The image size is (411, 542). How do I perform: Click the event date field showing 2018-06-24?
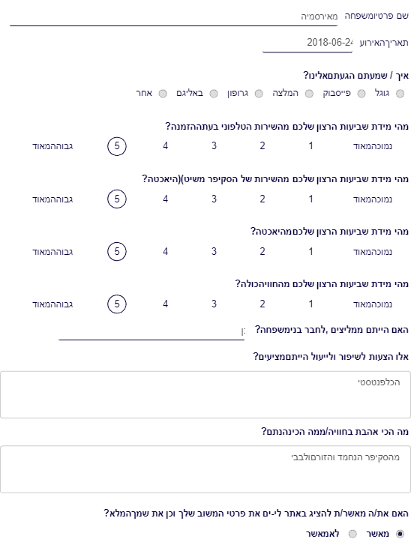point(307,43)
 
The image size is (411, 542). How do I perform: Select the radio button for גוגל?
point(400,94)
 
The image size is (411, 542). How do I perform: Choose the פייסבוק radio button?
point(361,94)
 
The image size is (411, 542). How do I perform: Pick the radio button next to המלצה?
point(309,94)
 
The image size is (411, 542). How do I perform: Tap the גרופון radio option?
point(259,94)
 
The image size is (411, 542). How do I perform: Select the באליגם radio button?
point(214,94)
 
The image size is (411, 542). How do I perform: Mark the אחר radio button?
point(163,94)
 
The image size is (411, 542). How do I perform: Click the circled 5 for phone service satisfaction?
point(117,146)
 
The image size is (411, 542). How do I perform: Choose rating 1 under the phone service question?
point(311,146)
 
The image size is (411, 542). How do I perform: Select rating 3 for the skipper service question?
point(214,199)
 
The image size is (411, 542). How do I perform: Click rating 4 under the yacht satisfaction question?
point(165,252)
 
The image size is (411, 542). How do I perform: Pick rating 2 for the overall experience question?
point(262,304)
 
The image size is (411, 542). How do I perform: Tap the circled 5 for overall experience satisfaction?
point(117,304)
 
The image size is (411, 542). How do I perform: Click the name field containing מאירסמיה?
point(174,17)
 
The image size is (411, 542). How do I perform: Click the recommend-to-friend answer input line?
point(151,332)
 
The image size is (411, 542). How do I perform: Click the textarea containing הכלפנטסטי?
point(205,395)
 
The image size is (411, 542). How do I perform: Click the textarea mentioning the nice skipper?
point(205,469)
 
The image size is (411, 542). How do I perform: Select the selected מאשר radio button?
point(400,534)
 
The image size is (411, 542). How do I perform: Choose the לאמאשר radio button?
point(352,534)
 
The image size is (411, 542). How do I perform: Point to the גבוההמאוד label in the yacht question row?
point(52,252)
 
